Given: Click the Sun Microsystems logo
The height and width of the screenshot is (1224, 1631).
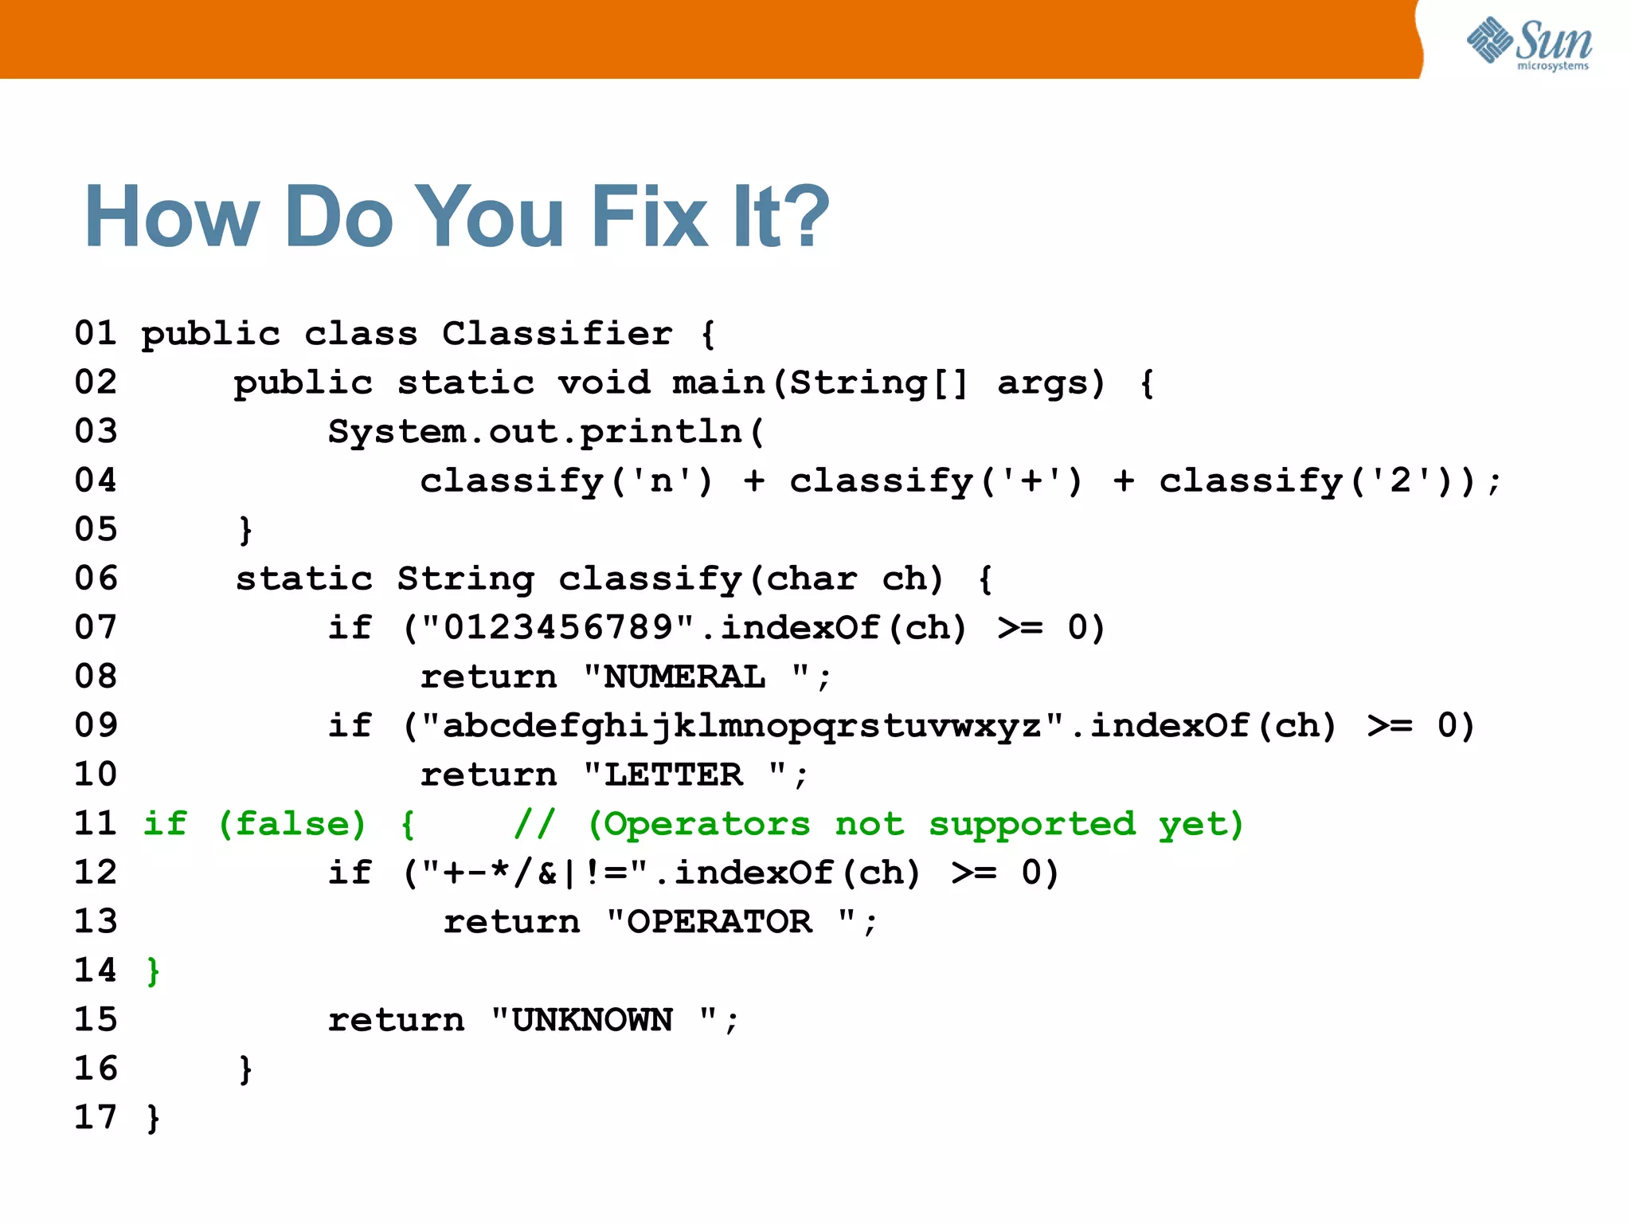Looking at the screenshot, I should point(1529,44).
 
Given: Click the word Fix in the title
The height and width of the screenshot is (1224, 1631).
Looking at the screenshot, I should point(649,217).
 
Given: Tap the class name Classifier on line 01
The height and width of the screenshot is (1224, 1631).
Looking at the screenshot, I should point(557,334).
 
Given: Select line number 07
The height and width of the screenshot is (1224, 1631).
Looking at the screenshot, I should point(96,628).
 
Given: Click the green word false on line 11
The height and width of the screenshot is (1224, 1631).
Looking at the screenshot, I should point(291,824).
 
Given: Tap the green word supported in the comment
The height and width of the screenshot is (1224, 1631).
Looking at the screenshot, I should point(1031,824).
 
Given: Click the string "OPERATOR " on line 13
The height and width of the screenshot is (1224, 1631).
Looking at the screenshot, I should point(730,923).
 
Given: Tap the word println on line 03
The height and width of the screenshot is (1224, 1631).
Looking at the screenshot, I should point(661,432).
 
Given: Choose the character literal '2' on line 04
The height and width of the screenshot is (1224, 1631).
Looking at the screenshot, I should point(1400,481).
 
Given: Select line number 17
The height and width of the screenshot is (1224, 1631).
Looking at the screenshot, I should point(96,1118).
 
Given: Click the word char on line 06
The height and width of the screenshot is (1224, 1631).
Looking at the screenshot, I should point(811,579).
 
